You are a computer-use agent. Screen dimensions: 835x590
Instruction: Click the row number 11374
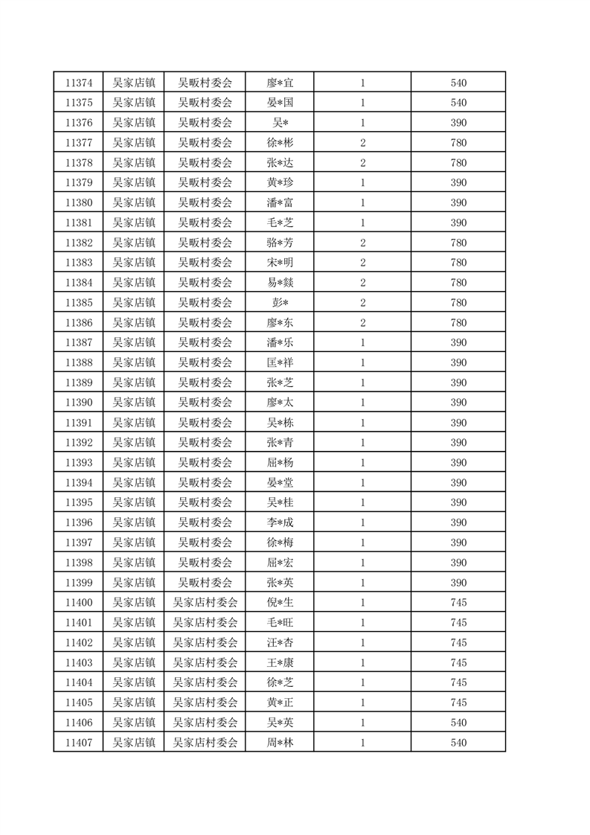coord(78,82)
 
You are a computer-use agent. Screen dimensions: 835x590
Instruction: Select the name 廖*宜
coord(280,82)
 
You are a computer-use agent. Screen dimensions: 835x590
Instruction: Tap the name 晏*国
coord(280,102)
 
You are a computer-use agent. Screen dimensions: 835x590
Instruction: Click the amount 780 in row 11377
coord(458,142)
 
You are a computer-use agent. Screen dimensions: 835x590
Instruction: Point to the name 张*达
coord(280,162)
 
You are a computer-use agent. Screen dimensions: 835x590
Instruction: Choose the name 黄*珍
coord(280,182)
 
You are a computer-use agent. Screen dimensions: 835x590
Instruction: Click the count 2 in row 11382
coord(362,243)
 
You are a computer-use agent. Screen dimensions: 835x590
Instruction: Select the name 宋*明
coord(280,263)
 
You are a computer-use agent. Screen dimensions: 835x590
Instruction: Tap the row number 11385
coord(78,303)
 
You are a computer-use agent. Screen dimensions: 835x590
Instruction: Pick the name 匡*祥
coord(280,362)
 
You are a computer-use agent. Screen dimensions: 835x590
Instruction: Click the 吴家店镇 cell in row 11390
coord(133,403)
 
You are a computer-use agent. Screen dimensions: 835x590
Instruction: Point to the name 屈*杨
coord(280,463)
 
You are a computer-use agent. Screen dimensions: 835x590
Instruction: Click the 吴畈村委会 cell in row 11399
coord(205,583)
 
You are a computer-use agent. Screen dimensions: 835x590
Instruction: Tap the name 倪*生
coord(280,603)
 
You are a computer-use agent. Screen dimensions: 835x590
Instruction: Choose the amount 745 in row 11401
coord(458,623)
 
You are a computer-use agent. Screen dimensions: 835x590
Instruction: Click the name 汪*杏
coord(280,643)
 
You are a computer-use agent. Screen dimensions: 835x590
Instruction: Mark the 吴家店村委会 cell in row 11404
coord(205,682)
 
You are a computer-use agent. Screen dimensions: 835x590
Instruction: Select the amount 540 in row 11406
coord(458,723)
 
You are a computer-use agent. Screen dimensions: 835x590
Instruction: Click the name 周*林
coord(280,743)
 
